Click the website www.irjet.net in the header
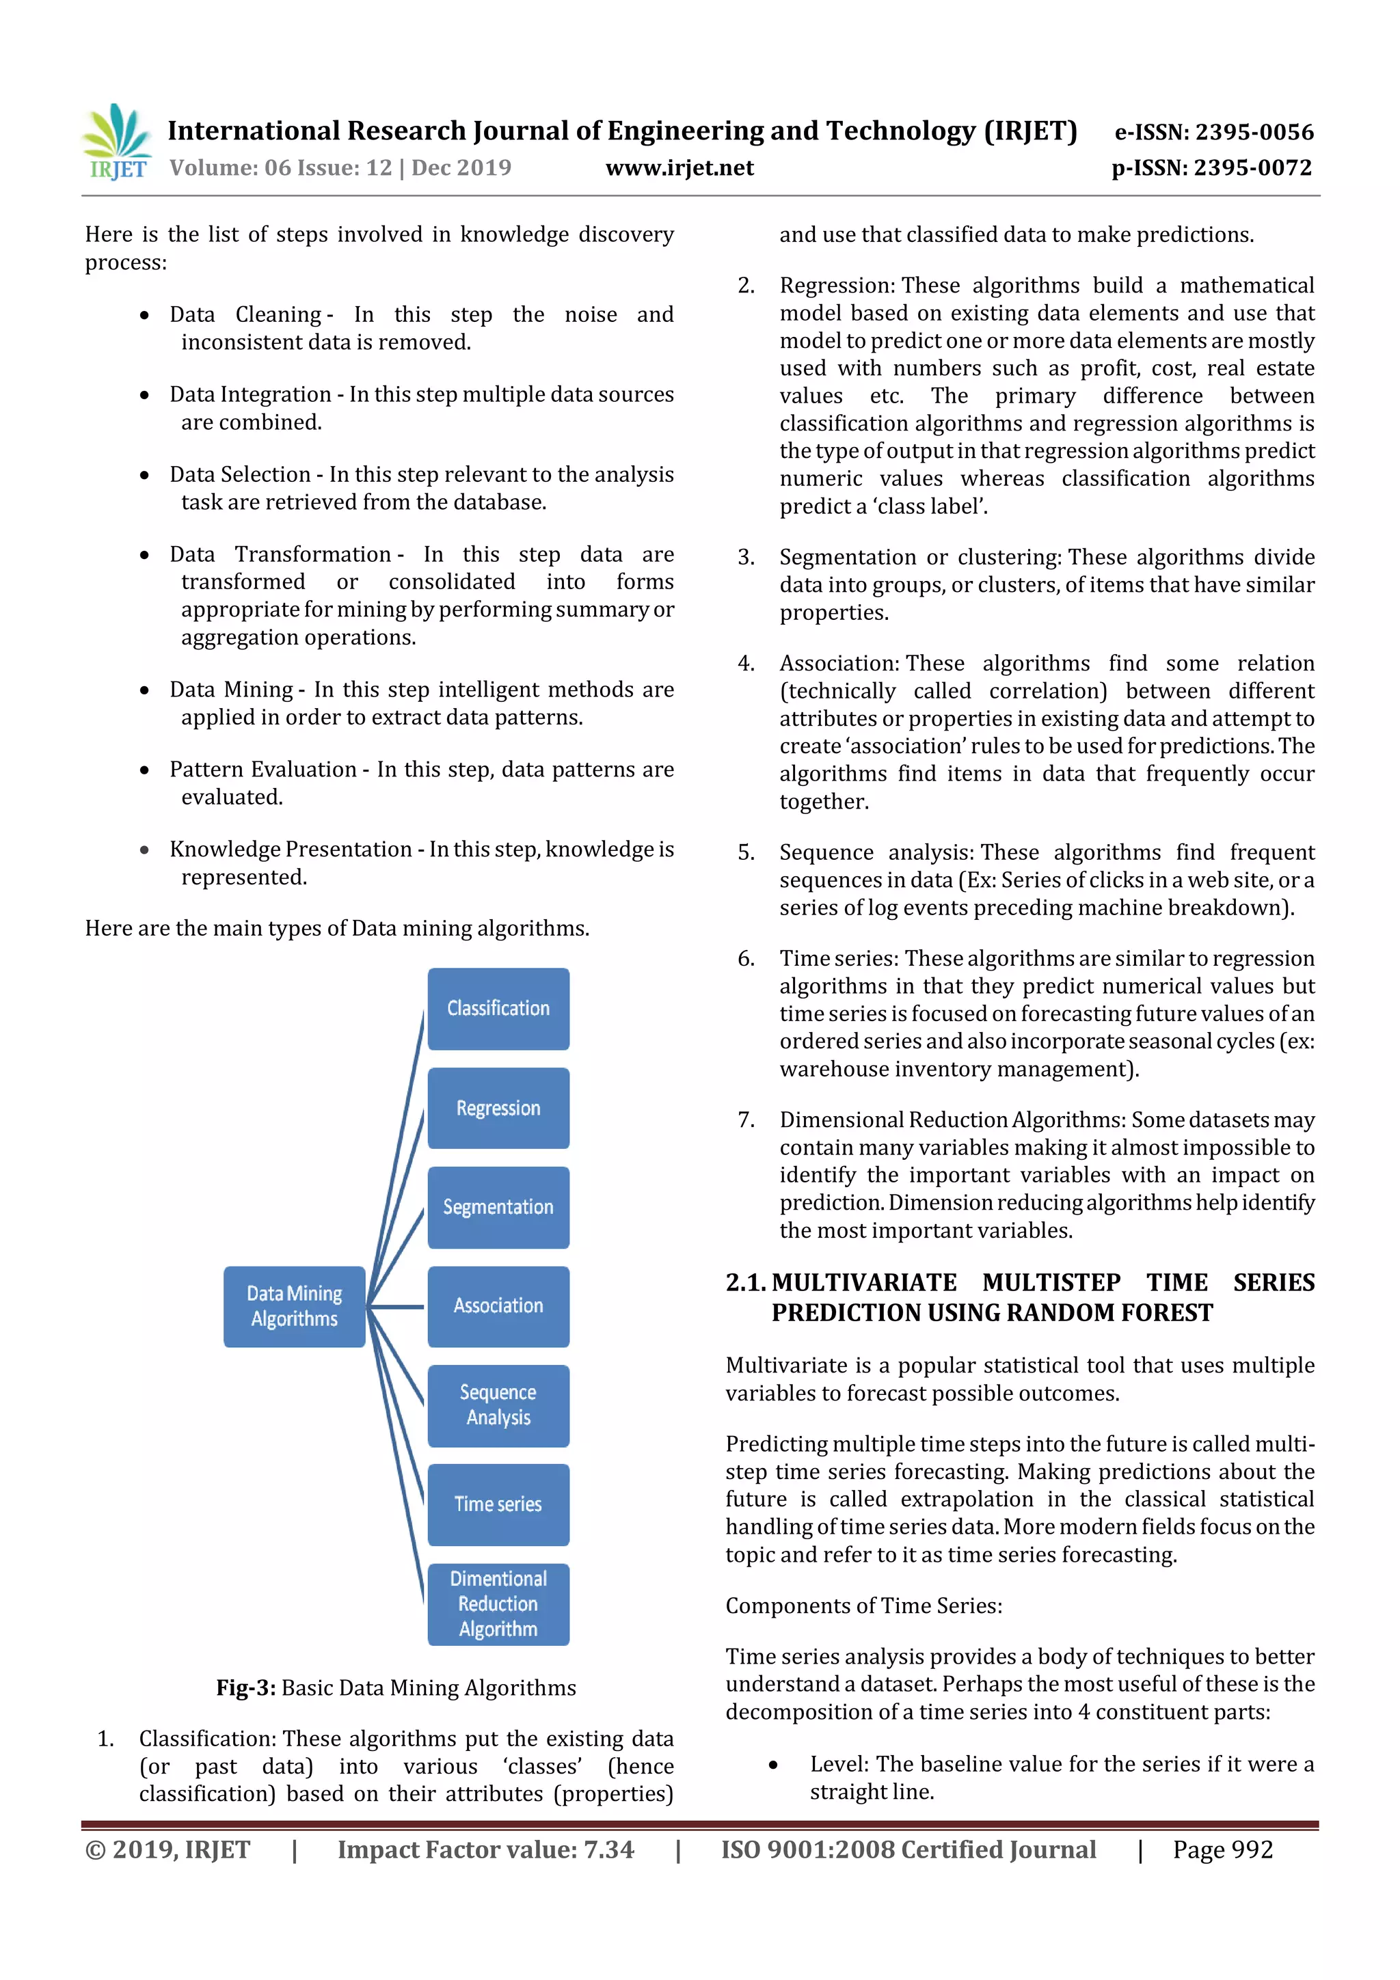(x=679, y=168)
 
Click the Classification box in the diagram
(x=498, y=1008)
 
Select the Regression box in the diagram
(x=498, y=1107)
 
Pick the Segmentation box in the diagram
(x=498, y=1206)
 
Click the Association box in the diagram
(x=498, y=1305)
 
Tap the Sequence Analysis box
(x=498, y=1405)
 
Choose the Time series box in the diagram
(x=498, y=1504)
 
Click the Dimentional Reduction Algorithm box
(x=498, y=1603)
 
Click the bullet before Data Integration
(x=145, y=395)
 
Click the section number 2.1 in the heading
(x=745, y=1282)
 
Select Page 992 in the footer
(x=1222, y=1849)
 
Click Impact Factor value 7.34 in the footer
(x=485, y=1849)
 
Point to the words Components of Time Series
(x=863, y=1605)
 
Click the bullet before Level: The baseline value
(x=773, y=1765)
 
